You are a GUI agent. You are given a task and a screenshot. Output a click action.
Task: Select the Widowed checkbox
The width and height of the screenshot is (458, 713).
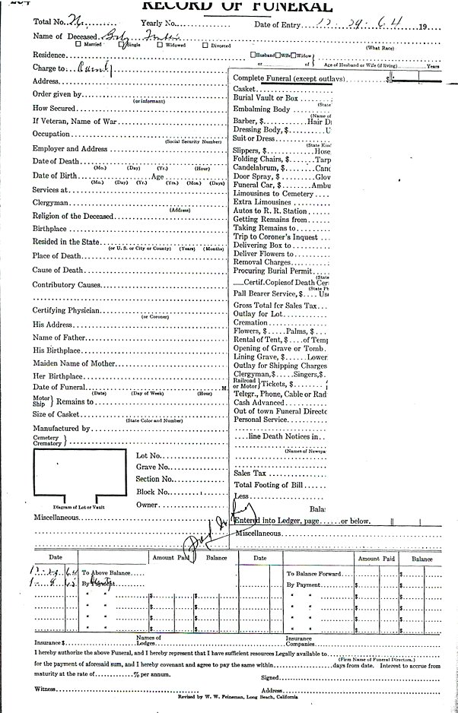[x=159, y=44]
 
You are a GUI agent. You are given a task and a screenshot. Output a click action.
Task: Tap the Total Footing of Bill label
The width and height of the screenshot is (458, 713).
[x=269, y=484]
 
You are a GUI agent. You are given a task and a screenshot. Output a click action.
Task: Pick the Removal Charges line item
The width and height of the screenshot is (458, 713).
[x=262, y=262]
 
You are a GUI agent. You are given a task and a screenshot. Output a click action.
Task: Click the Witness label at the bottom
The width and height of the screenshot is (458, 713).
[x=45, y=689]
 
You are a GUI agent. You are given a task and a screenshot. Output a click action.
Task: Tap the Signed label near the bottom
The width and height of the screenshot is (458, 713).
[x=270, y=678]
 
